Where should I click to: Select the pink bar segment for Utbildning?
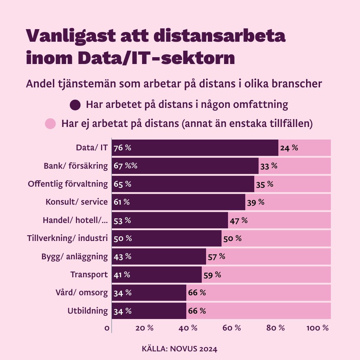[x=266, y=311]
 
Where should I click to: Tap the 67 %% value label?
[x=126, y=166]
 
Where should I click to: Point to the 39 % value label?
[x=256, y=202]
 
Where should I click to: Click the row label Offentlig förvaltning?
[x=68, y=184]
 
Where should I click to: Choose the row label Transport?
[x=89, y=275]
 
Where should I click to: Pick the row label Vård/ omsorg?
[x=84, y=293]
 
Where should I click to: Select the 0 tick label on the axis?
[x=107, y=328]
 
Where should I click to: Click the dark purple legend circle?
[x=75, y=105]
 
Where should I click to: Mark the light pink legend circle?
[x=50, y=124]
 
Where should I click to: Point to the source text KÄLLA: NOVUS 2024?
[x=180, y=349]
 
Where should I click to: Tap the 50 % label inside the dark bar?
[x=123, y=238]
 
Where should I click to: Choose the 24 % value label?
[x=289, y=148]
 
